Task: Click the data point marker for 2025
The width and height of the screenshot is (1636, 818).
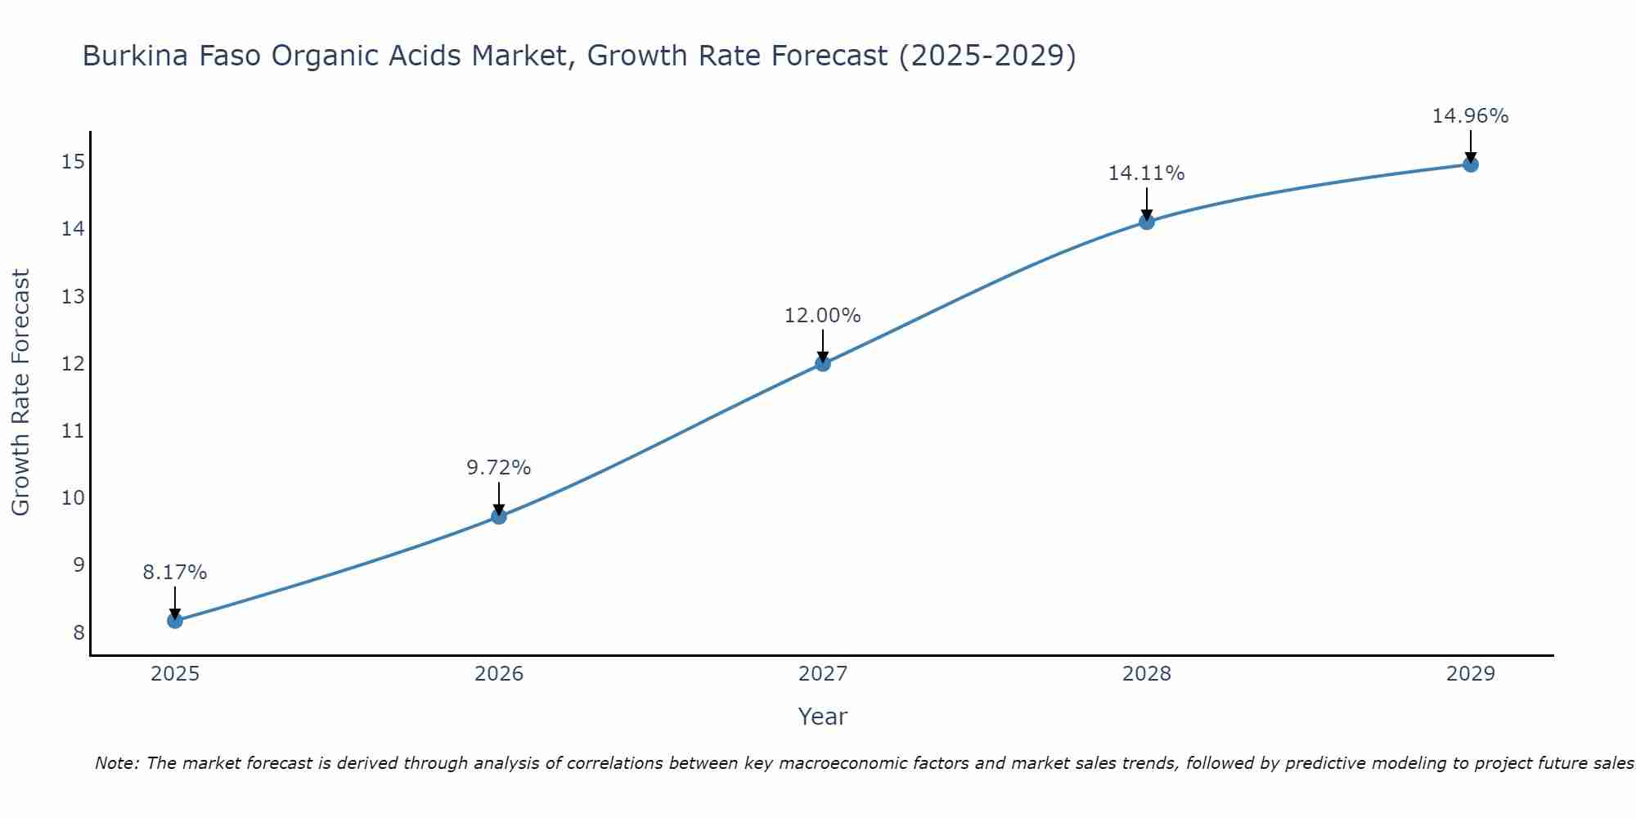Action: pos(175,621)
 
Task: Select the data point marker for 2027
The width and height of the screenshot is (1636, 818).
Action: pos(823,363)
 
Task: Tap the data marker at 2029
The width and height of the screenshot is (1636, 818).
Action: pos(1470,164)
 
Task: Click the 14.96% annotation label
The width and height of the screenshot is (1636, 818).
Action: pos(1470,116)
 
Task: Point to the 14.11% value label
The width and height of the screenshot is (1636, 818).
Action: pos(1146,173)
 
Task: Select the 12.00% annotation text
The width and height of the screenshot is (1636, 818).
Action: pos(822,316)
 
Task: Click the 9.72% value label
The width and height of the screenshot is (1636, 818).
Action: pos(498,468)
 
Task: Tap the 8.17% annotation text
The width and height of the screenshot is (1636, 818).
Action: pos(175,573)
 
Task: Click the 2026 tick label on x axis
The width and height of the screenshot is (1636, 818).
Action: pos(499,674)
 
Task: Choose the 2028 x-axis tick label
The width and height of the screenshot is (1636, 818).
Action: pos(1146,674)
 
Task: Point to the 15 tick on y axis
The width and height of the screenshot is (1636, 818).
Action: pos(73,161)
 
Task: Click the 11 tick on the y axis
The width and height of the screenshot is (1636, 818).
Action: pos(73,430)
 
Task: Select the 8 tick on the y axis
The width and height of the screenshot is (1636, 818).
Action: pos(79,632)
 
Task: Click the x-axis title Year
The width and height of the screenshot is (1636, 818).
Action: pos(822,717)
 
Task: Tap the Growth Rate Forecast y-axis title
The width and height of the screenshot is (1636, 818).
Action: pos(20,392)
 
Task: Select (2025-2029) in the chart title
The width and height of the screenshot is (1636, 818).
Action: pos(987,56)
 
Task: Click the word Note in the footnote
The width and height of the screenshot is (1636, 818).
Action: pos(117,763)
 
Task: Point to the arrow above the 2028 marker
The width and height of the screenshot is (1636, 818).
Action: pos(1146,202)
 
